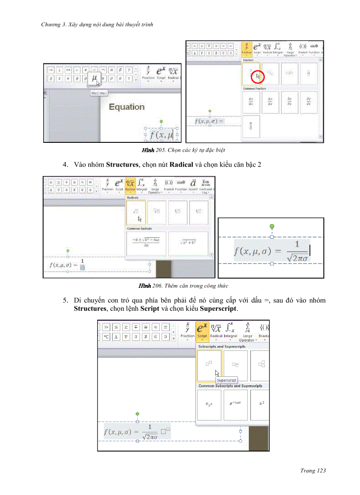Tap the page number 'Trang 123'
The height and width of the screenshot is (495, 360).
tap(313, 471)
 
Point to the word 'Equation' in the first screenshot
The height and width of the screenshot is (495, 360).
tap(127, 107)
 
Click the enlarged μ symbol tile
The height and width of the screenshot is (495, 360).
tap(94, 78)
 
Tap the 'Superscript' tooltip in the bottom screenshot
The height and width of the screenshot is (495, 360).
tap(226, 380)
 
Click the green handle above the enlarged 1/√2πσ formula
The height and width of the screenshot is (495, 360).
tap(272, 226)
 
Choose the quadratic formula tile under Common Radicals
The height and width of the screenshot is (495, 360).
tap(146, 243)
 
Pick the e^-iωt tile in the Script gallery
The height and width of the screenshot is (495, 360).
tap(235, 404)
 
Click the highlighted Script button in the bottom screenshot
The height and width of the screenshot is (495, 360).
tap(202, 331)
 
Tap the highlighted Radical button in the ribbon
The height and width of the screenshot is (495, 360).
tap(130, 185)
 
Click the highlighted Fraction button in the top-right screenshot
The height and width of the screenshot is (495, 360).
tap(246, 48)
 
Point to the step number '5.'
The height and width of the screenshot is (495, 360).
tap(65, 301)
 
